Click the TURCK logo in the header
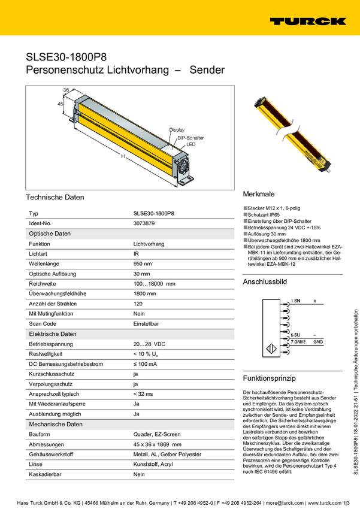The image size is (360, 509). [307, 21]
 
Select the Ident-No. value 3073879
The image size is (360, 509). [144, 223]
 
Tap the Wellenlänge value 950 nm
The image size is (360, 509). [143, 263]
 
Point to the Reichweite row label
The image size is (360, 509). [42, 284]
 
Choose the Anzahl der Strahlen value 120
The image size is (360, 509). [138, 304]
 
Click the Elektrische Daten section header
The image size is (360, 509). [53, 334]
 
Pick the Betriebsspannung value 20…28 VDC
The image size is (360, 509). [149, 344]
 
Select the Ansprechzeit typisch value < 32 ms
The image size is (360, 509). [143, 393]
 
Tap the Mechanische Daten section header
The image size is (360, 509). [56, 424]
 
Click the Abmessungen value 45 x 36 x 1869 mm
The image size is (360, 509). [157, 444]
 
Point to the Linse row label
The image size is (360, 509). [36, 464]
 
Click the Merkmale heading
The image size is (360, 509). [258, 195]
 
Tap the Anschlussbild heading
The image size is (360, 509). [265, 281]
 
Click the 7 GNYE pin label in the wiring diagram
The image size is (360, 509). [301, 341]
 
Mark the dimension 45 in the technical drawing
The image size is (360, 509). [60, 104]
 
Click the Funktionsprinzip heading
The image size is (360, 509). [269, 378]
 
